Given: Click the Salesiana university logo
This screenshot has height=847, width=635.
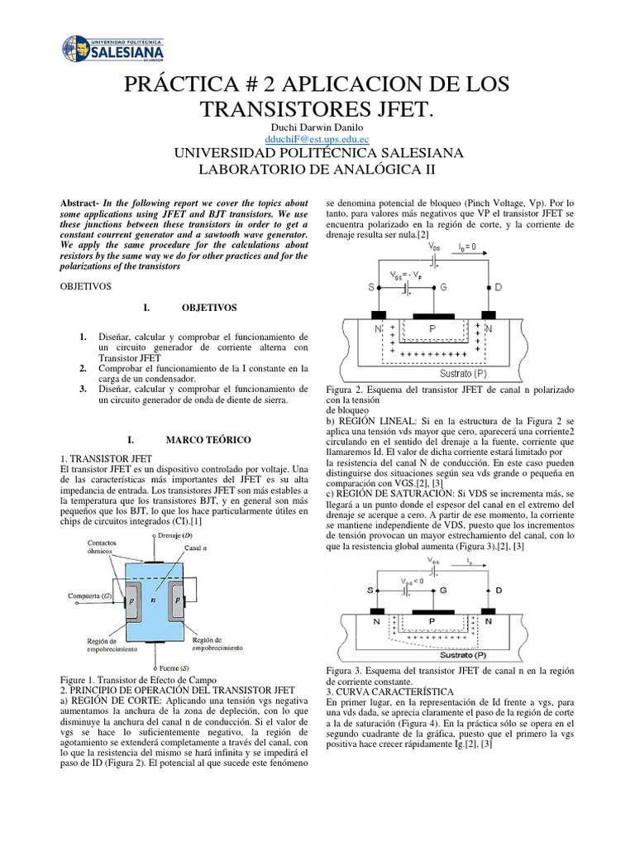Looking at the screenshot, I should click(x=115, y=50).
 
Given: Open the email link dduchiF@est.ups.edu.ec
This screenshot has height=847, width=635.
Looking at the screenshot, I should click(x=317, y=141).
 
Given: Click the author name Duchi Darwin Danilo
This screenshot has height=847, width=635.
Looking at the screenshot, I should click(x=317, y=128).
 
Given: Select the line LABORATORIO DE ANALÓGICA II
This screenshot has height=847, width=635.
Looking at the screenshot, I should click(x=317, y=170).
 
